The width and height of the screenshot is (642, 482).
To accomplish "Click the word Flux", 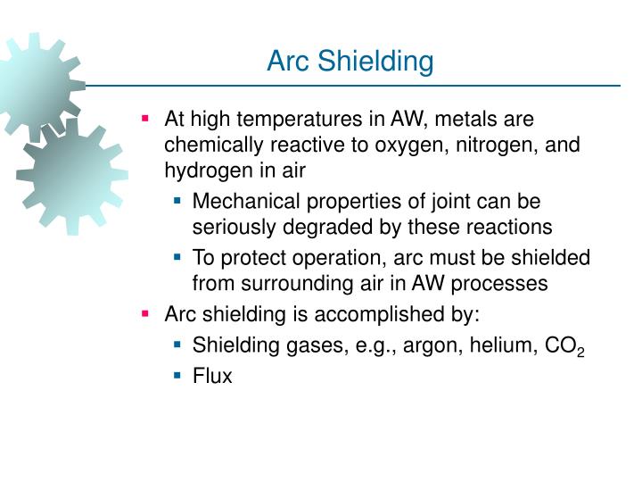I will (x=212, y=376).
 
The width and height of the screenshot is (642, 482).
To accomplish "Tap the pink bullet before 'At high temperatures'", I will (x=146, y=119).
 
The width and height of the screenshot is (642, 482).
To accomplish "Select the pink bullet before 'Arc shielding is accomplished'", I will (x=146, y=314).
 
